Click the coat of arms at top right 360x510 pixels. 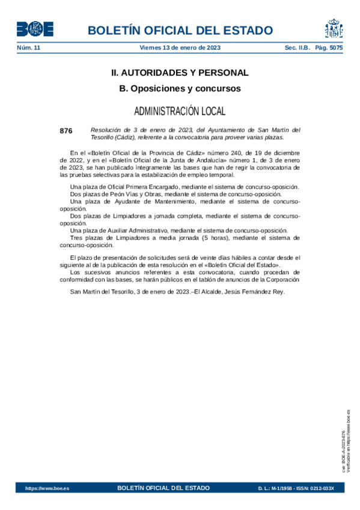click(x=334, y=28)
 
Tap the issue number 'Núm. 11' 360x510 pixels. click(x=28, y=47)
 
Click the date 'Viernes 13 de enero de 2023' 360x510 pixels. click(x=180, y=47)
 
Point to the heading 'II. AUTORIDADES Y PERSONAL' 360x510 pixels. click(x=180, y=73)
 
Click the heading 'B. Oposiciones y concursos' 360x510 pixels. click(x=180, y=88)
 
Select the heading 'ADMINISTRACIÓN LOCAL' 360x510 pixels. click(x=180, y=111)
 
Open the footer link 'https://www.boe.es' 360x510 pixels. click(x=47, y=488)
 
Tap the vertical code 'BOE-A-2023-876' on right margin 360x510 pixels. click(x=344, y=452)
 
